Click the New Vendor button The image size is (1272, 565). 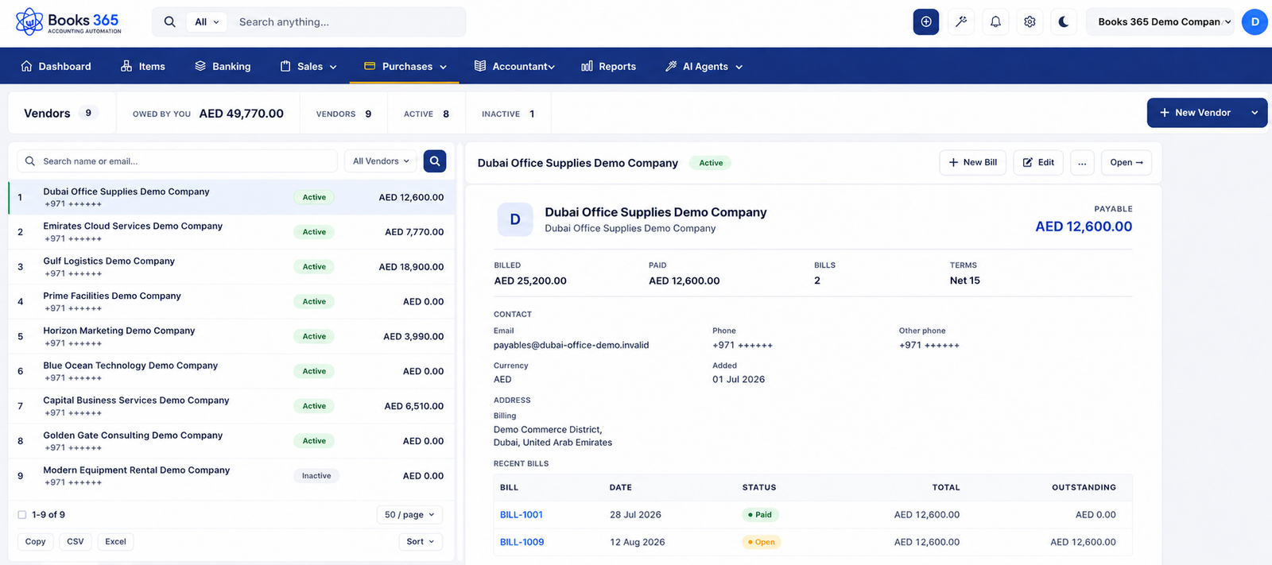(x=1195, y=112)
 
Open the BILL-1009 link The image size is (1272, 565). (x=522, y=542)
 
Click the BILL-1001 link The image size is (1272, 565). (x=522, y=514)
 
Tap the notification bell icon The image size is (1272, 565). (x=995, y=21)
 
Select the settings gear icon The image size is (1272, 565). (x=1030, y=21)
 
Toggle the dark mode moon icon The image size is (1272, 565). (x=1064, y=21)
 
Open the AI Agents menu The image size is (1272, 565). (x=704, y=67)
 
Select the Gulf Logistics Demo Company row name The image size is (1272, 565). (x=109, y=261)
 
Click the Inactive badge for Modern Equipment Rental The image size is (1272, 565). (x=316, y=476)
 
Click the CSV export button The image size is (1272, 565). (x=75, y=542)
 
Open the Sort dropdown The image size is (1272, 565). (x=421, y=542)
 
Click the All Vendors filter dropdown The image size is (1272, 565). (x=381, y=161)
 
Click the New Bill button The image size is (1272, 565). (x=973, y=162)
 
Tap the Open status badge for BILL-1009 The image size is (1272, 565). (x=762, y=542)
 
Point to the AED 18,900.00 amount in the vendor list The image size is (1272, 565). (x=411, y=267)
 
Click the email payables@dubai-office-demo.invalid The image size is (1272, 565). (x=572, y=345)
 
